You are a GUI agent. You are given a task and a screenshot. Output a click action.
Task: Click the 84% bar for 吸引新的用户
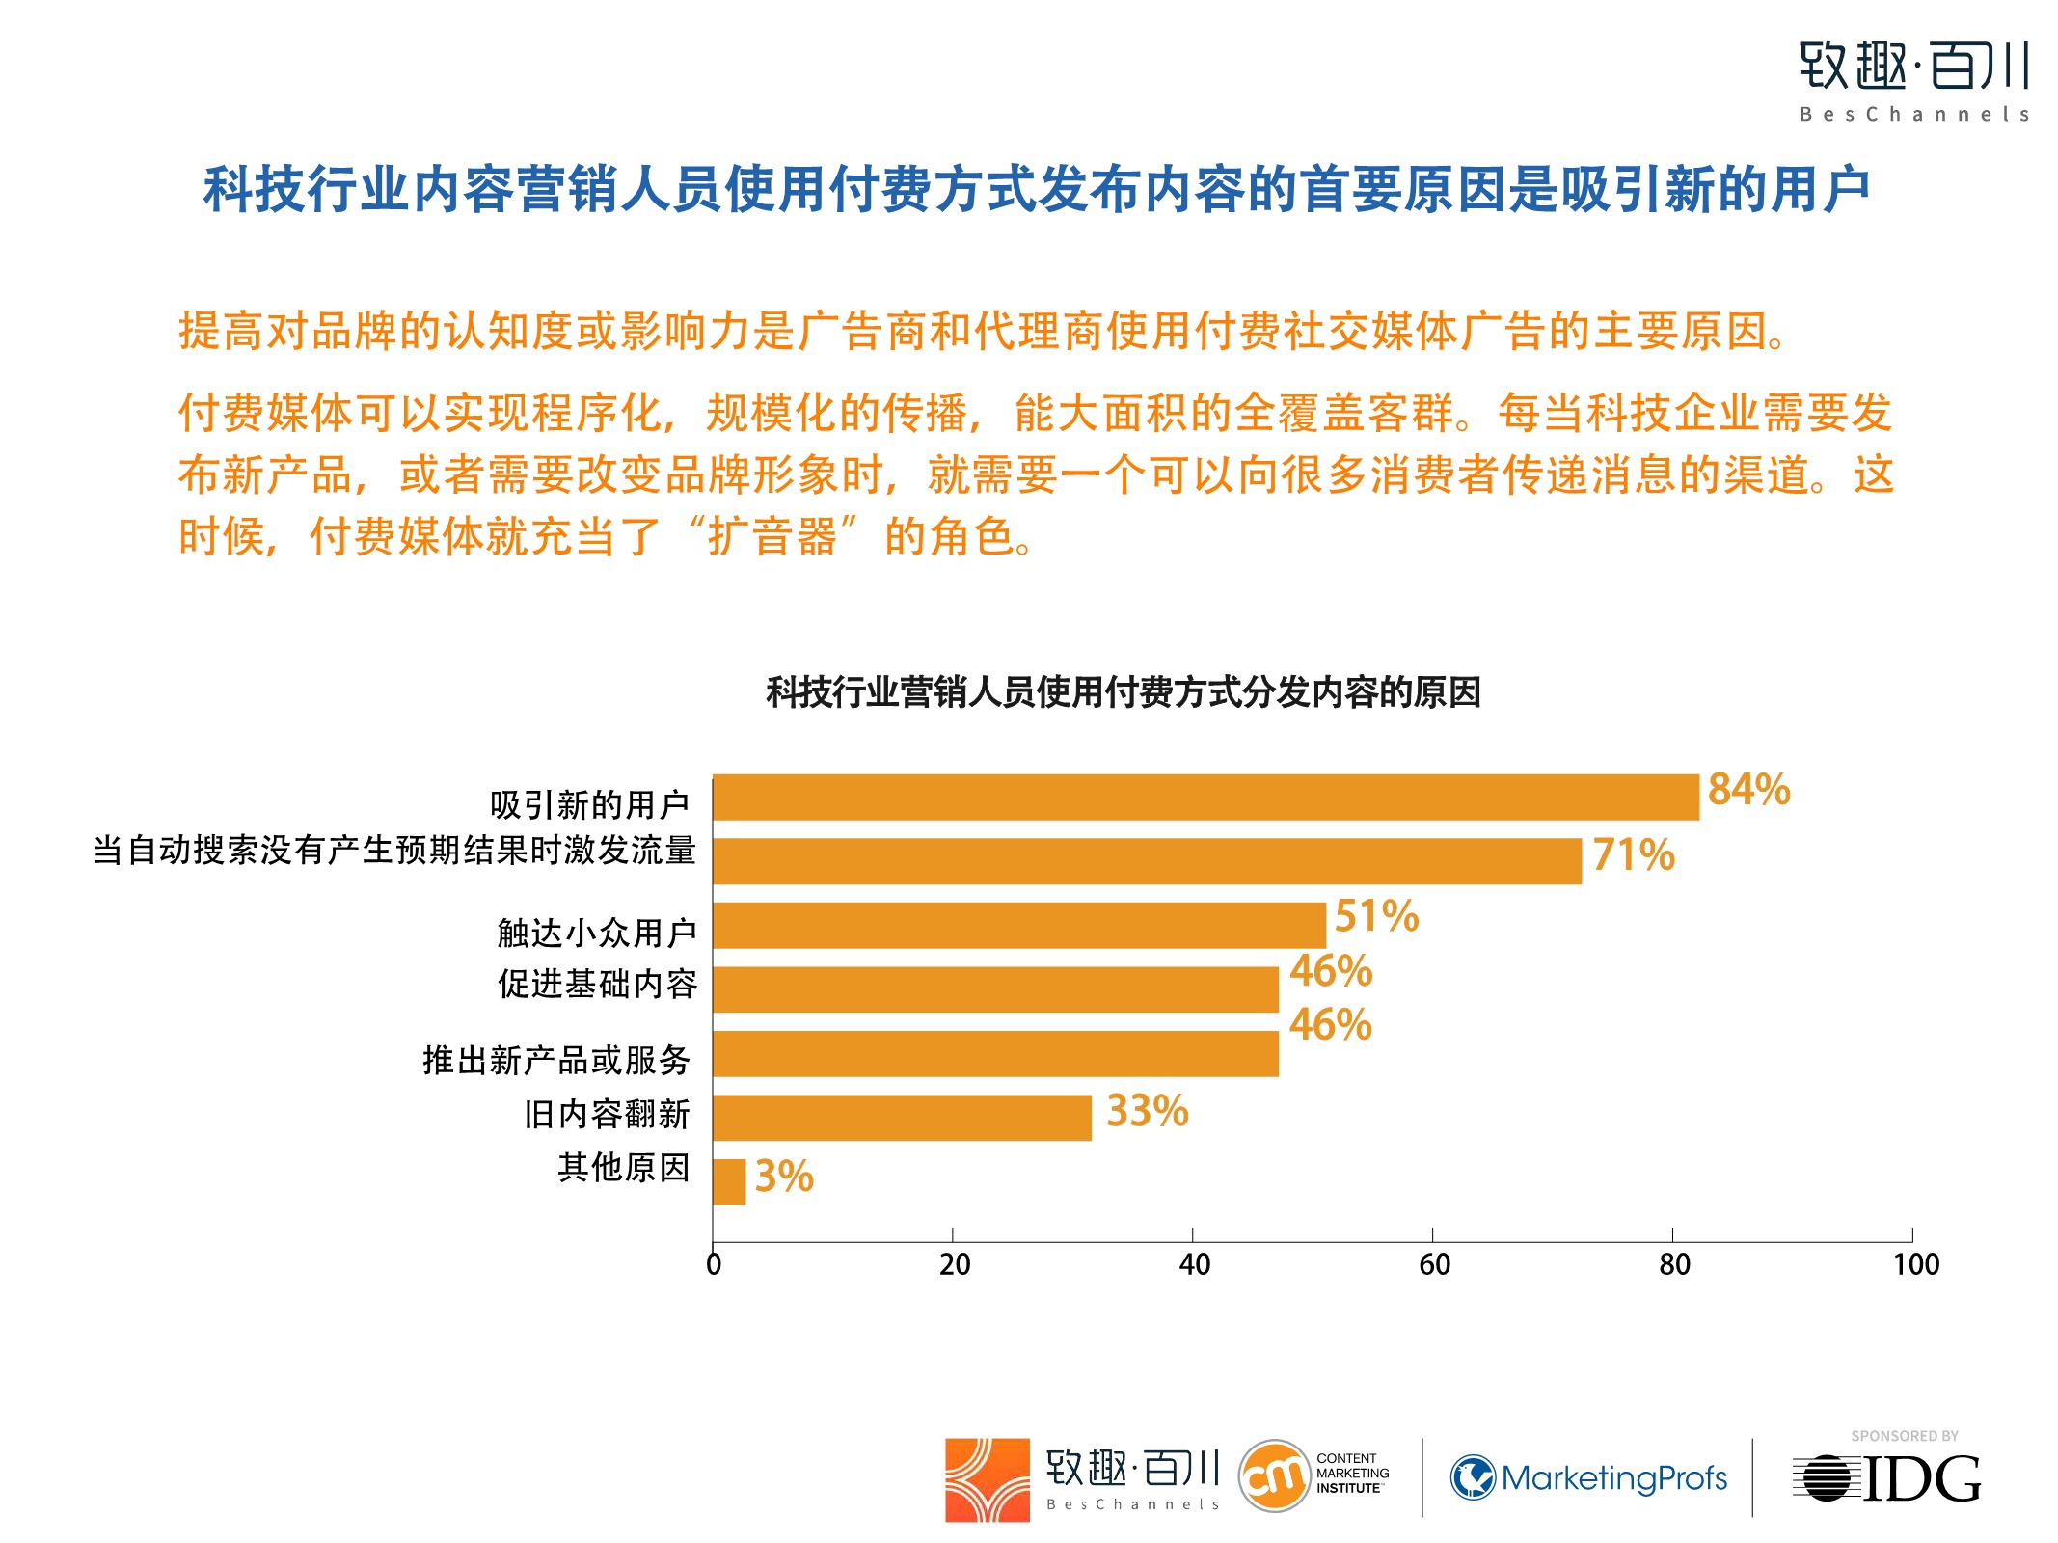pos(1205,798)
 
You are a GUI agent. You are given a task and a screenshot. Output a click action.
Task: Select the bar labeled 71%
pos(1148,861)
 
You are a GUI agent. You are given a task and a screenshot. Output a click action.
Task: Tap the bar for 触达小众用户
pos(1019,926)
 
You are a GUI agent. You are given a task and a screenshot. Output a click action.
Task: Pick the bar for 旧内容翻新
pos(902,1118)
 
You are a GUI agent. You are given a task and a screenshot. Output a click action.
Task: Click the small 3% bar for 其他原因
pos(729,1181)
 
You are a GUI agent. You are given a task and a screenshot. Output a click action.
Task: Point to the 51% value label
pos(1376,916)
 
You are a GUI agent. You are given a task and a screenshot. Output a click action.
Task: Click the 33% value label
pos(1147,1111)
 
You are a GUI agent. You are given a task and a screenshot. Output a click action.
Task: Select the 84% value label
pos(1748,790)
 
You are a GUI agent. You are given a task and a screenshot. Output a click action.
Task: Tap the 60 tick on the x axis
pos(1434,1264)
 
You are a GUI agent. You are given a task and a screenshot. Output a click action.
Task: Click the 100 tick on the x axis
pos(1915,1264)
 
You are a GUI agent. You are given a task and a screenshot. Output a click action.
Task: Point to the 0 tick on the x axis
pos(714,1264)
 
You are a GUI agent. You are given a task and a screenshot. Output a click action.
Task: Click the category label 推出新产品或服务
pos(556,1061)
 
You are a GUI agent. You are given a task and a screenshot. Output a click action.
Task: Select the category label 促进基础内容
pos(597,985)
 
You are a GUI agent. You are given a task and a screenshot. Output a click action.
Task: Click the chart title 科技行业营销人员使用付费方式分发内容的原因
pos(1124,692)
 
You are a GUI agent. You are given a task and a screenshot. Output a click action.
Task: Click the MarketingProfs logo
pos(1588,1478)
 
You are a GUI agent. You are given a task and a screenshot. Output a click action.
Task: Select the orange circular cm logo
pos(1274,1476)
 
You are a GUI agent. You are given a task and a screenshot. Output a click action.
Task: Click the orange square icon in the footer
pos(987,1480)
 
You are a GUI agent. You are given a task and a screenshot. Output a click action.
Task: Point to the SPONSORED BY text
pos(1904,1436)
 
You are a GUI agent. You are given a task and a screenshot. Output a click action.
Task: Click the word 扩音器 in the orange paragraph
pos(772,536)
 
